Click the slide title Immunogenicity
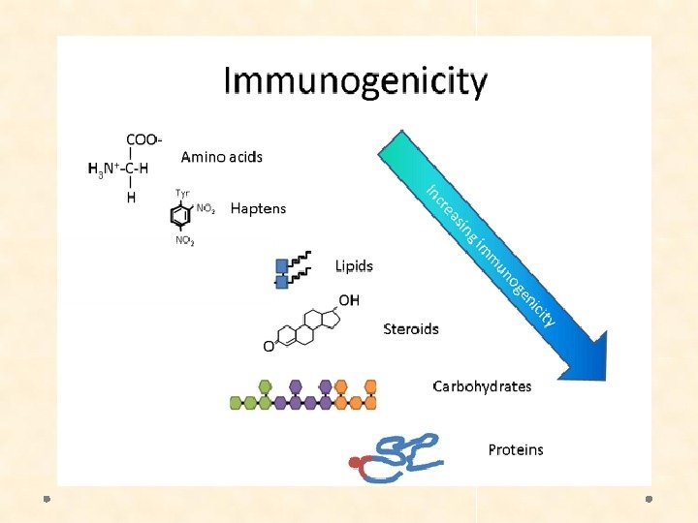pyautogui.click(x=355, y=82)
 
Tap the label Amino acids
pyautogui.click(x=221, y=156)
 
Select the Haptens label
pyautogui.click(x=258, y=208)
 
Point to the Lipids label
pyautogui.click(x=354, y=265)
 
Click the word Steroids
pyautogui.click(x=411, y=328)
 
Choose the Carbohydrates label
pyautogui.click(x=482, y=385)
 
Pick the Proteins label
pyautogui.click(x=516, y=449)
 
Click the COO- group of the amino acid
pyautogui.click(x=143, y=138)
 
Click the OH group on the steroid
pyautogui.click(x=348, y=300)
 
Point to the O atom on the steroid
pyautogui.click(x=269, y=346)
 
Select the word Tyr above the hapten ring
pyautogui.click(x=181, y=193)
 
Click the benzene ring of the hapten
pyautogui.click(x=182, y=216)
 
